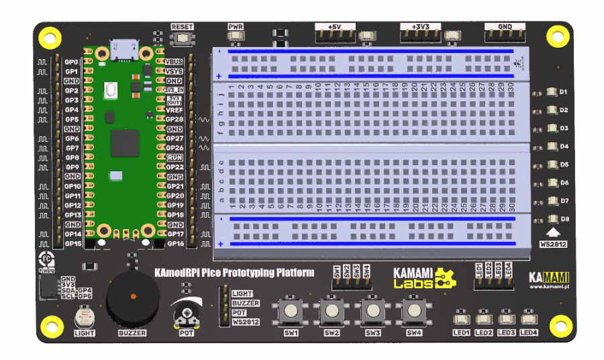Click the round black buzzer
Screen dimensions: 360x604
pyautogui.click(x=133, y=296)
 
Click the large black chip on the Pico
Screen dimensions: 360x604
pyautogui.click(x=125, y=143)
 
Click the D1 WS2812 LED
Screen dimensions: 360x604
pyautogui.click(x=552, y=91)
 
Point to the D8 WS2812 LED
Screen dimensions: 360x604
pyautogui.click(x=552, y=219)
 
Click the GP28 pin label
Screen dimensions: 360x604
pyautogui.click(x=174, y=119)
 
